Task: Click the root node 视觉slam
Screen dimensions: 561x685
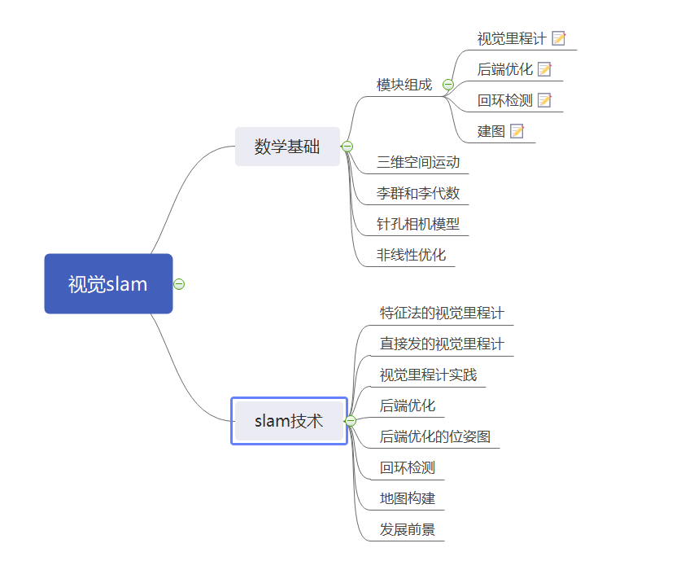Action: point(108,284)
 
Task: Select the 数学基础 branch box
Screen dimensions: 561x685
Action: point(286,147)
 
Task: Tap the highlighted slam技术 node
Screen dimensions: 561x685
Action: point(289,421)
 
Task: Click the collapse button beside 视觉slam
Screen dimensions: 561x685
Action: point(179,284)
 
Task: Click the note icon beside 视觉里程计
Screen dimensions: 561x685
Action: point(559,38)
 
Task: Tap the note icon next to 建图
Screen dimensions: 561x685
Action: point(517,131)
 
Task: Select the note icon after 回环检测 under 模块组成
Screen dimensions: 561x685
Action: point(544,100)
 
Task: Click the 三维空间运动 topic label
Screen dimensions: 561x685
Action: point(417,162)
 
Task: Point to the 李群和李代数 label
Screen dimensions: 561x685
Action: point(417,193)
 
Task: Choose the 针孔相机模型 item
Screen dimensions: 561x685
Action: point(417,224)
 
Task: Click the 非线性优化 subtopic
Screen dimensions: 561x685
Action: point(411,255)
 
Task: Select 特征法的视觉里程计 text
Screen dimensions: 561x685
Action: point(441,313)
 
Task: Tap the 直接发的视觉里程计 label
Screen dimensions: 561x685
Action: point(441,344)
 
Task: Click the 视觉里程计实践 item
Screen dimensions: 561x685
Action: point(428,375)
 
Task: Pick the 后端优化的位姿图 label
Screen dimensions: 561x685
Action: point(434,436)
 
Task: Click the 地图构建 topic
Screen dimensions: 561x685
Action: point(407,497)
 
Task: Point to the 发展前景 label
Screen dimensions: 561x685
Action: point(407,529)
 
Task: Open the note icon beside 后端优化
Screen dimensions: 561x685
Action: point(544,69)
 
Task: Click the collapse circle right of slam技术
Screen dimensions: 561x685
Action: point(351,421)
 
